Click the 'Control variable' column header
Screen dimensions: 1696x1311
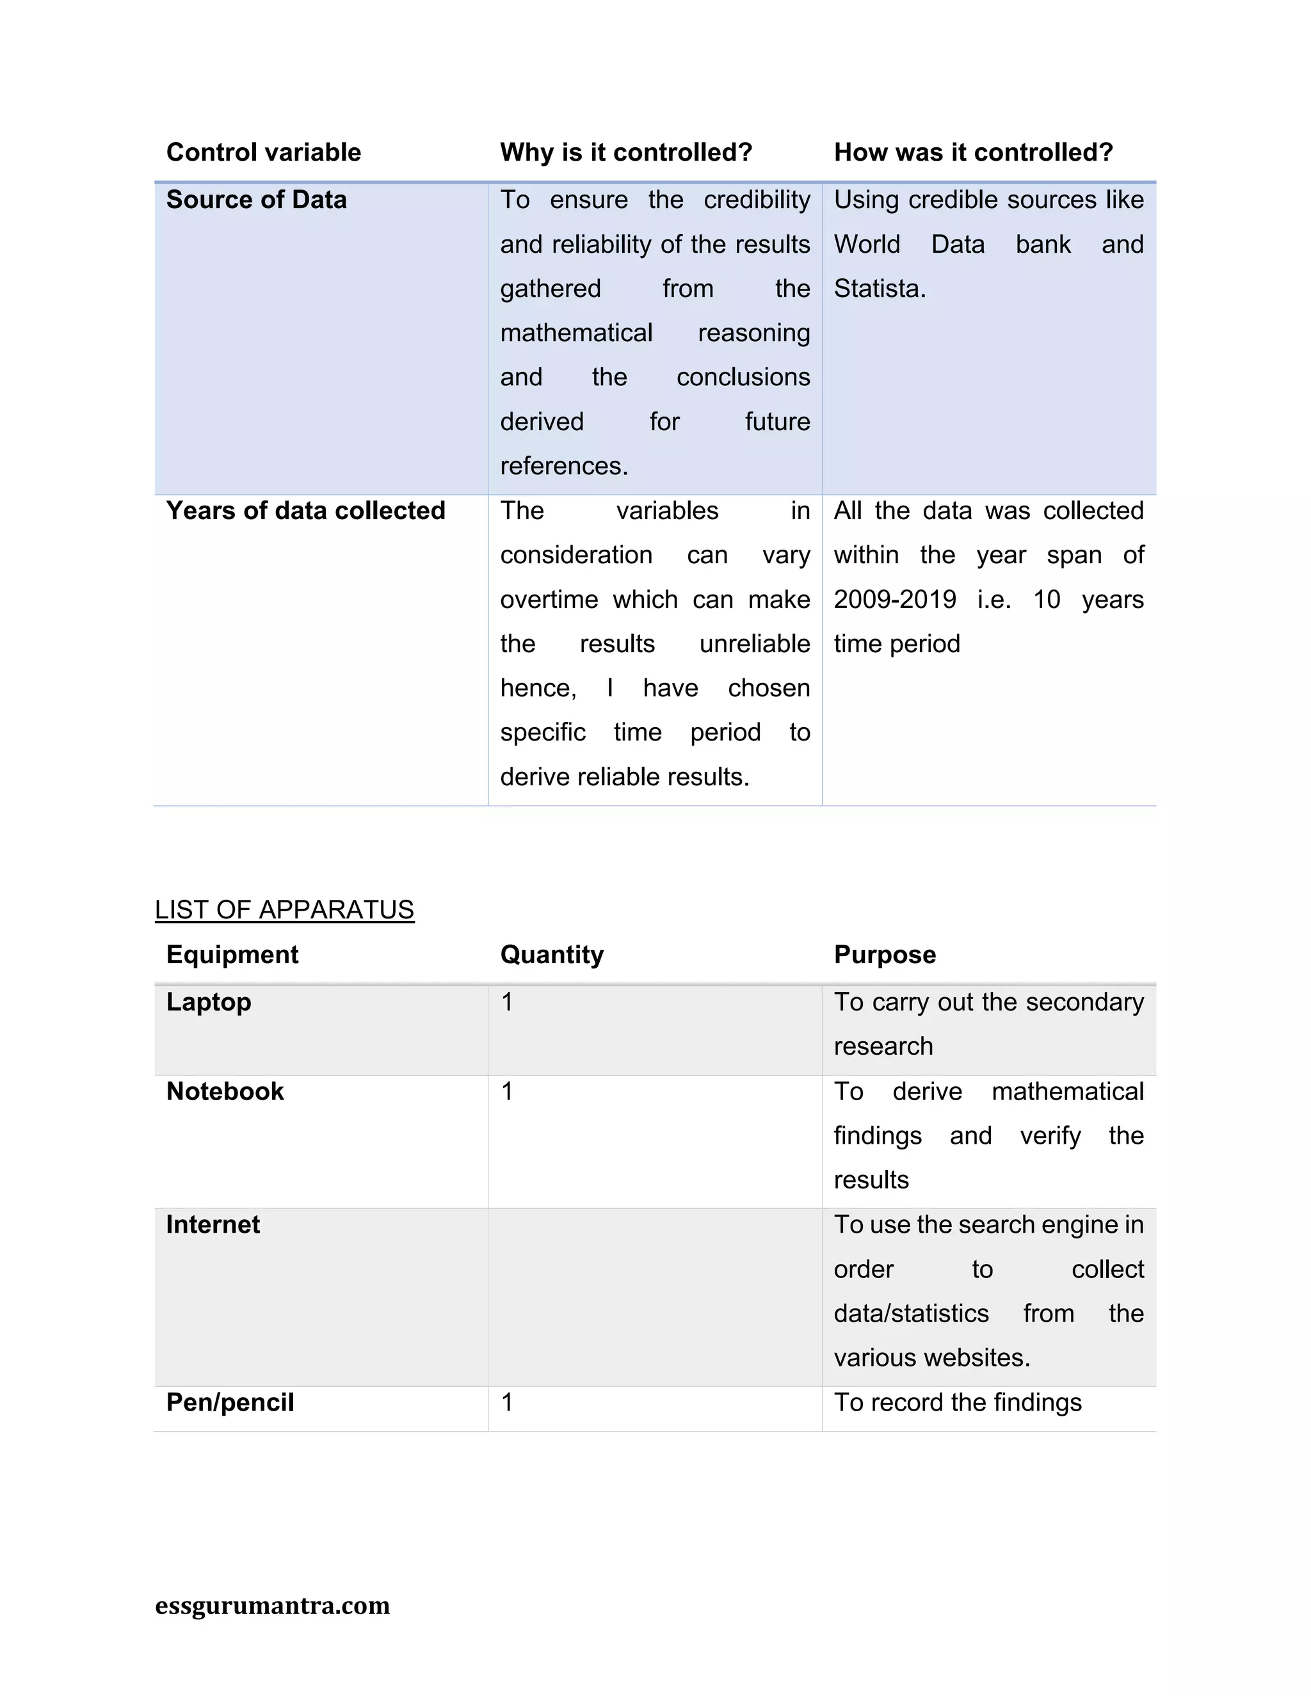click(263, 152)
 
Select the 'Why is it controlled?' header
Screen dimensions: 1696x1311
click(626, 152)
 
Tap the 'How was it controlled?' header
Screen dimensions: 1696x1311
click(973, 152)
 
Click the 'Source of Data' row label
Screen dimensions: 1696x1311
click(256, 200)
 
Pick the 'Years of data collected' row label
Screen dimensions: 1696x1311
click(305, 511)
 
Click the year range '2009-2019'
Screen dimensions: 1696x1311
click(895, 600)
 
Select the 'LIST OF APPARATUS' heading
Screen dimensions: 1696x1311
click(284, 909)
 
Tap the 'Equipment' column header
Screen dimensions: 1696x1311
click(232, 954)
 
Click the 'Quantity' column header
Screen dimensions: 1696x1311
click(551, 954)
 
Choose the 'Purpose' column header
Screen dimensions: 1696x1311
click(885, 954)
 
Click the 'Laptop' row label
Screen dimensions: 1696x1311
click(208, 1002)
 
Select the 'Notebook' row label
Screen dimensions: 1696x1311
click(225, 1091)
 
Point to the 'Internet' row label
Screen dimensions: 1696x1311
click(213, 1224)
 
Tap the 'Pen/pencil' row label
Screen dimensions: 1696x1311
click(230, 1402)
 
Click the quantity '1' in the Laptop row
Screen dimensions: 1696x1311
click(507, 1002)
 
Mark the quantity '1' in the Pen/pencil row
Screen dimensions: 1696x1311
click(507, 1402)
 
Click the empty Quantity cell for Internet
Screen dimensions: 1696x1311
click(654, 1297)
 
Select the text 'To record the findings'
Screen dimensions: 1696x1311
click(958, 1402)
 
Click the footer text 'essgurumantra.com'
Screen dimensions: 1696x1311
click(272, 1604)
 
